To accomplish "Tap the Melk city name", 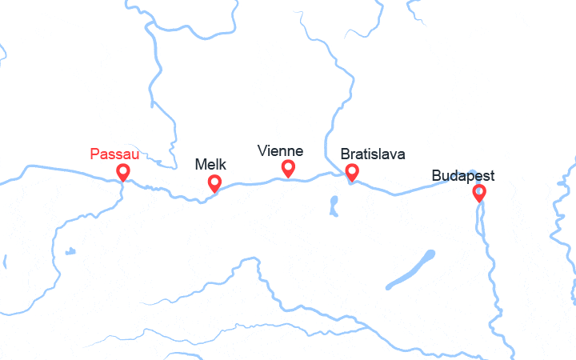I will tap(210, 165).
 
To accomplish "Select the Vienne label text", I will tap(280, 150).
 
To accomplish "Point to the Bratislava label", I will tap(373, 154).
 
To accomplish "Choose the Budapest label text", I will tap(462, 175).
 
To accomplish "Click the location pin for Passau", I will tap(123, 172).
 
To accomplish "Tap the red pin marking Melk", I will tap(214, 183).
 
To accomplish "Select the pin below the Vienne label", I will tap(288, 168).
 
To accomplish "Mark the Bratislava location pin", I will tap(351, 171).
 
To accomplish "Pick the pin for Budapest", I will tap(479, 192).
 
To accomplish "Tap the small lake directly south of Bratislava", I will tap(333, 206).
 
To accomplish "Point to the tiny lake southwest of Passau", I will tap(70, 251).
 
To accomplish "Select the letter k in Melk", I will tap(222, 165).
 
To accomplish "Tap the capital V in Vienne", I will tap(262, 150).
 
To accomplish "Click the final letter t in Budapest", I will tap(491, 175).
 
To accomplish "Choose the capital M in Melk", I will tap(201, 165).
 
